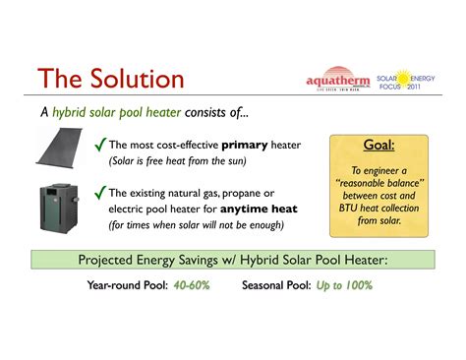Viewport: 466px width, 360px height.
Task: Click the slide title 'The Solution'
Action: click(109, 79)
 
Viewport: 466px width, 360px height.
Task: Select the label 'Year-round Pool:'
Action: click(129, 286)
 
